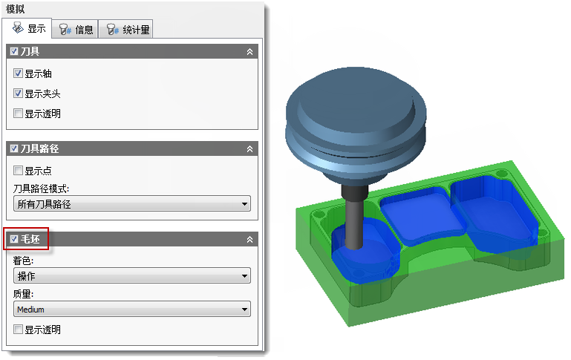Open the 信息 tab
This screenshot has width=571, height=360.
point(76,30)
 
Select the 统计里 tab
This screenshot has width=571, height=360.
point(125,30)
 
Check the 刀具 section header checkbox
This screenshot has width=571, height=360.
point(14,51)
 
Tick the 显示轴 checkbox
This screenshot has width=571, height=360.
point(18,73)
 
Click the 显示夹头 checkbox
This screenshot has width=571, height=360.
point(18,94)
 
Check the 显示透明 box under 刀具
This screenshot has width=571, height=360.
point(18,114)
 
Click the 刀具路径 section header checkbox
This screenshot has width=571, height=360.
point(14,148)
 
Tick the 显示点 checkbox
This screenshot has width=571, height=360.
point(18,171)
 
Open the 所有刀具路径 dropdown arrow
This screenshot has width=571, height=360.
point(245,204)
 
